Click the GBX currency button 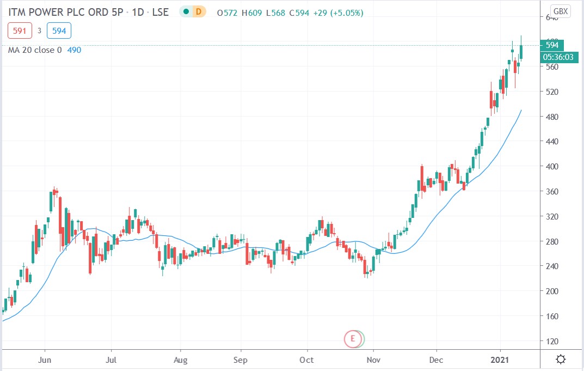(560, 11)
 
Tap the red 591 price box (20, 31)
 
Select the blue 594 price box (59, 31)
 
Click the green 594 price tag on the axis (552, 45)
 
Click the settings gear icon (561, 360)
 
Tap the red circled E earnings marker (352, 339)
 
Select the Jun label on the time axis (46, 360)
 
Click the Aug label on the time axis (180, 360)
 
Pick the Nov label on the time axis (373, 360)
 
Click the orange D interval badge (199, 11)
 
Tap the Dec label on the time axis (437, 360)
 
